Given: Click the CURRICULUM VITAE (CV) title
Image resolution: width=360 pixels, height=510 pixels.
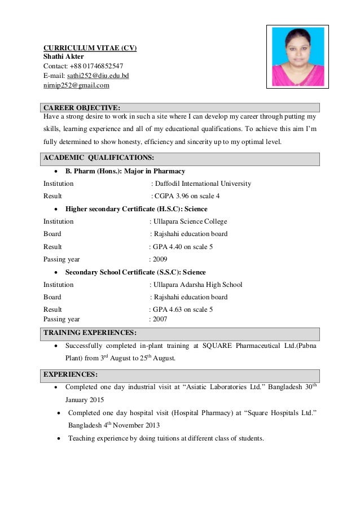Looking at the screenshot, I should (x=90, y=47).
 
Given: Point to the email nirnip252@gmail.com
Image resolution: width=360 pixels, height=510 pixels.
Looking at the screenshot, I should (x=76, y=85).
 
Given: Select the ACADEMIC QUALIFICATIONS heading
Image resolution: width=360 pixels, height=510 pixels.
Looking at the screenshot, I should (x=99, y=158).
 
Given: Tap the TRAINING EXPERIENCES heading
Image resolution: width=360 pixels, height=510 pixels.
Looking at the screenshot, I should (x=90, y=332).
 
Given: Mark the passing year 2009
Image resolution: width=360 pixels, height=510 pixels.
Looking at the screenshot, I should (x=160, y=259).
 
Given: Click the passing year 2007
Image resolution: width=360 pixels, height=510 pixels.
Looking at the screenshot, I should (x=160, y=319).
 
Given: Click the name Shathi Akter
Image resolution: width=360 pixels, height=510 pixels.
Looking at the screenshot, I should (x=64, y=56).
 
